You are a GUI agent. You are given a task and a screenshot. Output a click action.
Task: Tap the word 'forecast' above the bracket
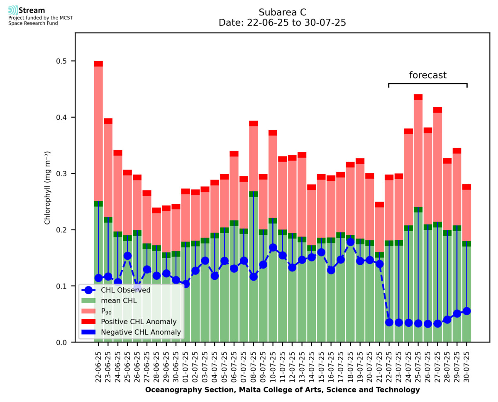click(428, 75)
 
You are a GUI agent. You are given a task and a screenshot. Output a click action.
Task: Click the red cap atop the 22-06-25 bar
click(98, 64)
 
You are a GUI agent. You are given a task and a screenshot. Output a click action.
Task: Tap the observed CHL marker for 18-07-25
click(350, 242)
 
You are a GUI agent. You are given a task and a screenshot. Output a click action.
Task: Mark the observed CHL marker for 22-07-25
click(389, 322)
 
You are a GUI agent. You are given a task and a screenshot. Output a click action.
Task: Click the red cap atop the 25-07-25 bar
click(418, 97)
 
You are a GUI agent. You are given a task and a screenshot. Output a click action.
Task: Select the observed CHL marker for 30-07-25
click(466, 311)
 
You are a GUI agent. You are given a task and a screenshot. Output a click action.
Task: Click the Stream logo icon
click(13, 10)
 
